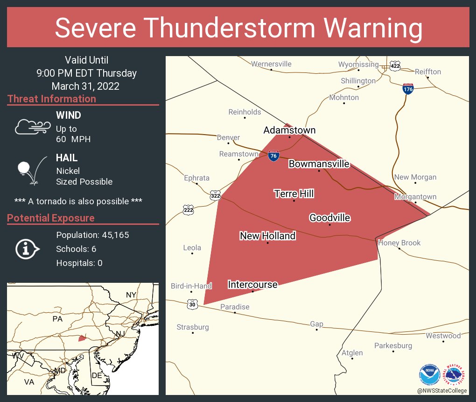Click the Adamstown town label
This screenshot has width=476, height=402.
tap(289, 130)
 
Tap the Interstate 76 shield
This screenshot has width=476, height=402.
tap(274, 156)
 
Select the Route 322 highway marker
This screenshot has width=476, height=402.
tap(215, 194)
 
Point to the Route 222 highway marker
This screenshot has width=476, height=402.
tap(188, 210)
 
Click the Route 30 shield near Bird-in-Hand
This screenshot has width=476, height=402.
tap(192, 304)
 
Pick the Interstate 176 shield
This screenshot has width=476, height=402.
tap(408, 89)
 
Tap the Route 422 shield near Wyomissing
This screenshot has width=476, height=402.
tap(395, 66)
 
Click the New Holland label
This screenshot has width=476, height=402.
tap(267, 236)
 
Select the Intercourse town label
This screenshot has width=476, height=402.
tap(252, 284)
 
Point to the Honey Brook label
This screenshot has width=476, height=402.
tap(399, 243)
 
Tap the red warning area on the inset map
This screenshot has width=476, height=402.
tap(82, 338)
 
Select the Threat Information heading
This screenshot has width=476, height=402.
tap(52, 99)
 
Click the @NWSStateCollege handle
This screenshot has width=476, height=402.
tap(441, 390)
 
